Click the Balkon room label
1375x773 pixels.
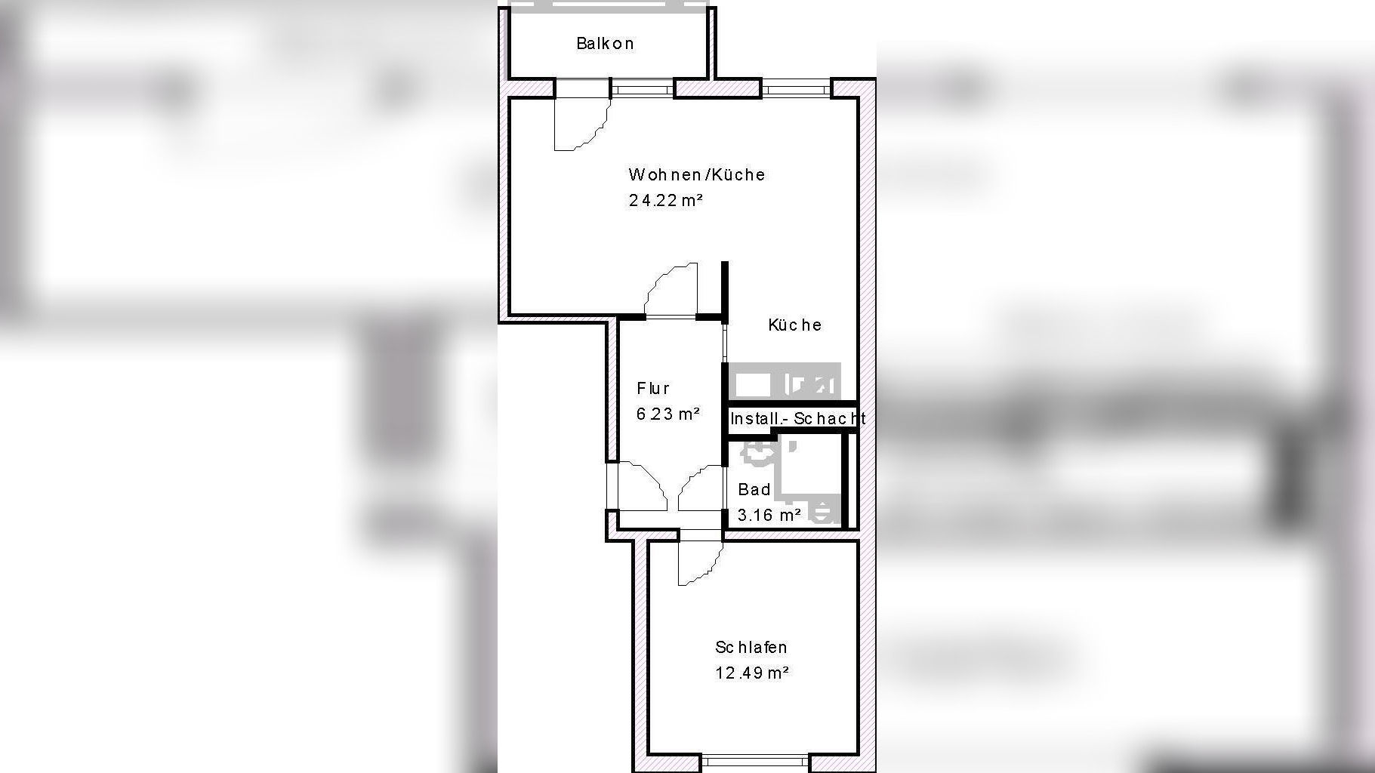(x=605, y=44)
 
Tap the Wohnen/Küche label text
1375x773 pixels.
(x=697, y=174)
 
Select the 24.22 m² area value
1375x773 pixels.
(x=666, y=200)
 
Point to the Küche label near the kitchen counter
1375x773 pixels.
(x=794, y=325)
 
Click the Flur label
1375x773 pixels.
(x=653, y=388)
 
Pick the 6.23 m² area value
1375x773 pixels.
(x=668, y=414)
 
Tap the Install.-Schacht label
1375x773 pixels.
(x=797, y=418)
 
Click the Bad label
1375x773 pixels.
(x=754, y=489)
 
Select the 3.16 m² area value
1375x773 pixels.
(x=769, y=515)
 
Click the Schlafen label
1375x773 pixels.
(x=751, y=647)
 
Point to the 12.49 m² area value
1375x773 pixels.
(x=752, y=673)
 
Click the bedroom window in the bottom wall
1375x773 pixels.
(x=755, y=761)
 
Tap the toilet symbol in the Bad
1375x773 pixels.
(x=758, y=451)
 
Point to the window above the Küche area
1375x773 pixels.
(x=796, y=90)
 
